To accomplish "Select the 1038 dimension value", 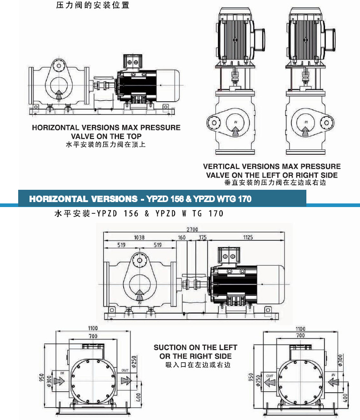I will pos(140,237).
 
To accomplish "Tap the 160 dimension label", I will pos(182,237).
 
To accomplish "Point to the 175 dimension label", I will pos(202,237).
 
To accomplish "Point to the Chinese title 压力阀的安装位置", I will pos(93,6).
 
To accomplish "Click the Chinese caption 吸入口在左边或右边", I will pos(195,365).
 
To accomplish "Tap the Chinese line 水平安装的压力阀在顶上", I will pos(106,145).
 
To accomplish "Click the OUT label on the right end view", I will pos(270,376).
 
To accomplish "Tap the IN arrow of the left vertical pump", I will pos(235,131).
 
